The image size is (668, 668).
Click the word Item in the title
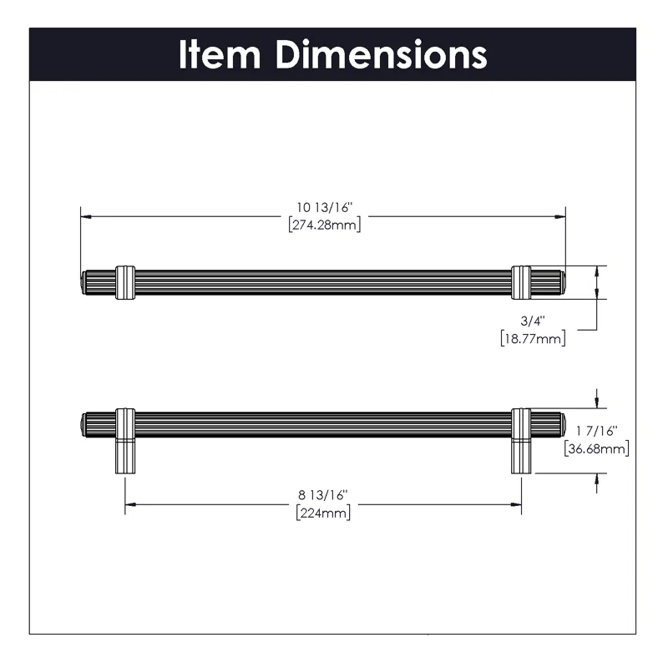click(221, 54)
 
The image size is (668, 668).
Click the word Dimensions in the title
click(381, 54)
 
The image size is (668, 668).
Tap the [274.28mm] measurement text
click(323, 225)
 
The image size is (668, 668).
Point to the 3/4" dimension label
click(533, 321)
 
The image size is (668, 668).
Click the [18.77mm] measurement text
click(533, 338)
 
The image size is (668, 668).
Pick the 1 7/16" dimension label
click(596, 432)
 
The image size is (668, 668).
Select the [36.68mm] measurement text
click(596, 448)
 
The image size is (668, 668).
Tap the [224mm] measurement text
click(323, 513)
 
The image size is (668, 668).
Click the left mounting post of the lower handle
click(125, 455)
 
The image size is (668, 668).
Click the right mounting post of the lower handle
click(521, 455)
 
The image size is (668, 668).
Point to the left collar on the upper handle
click(125, 282)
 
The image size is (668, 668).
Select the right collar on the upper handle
click(521, 282)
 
